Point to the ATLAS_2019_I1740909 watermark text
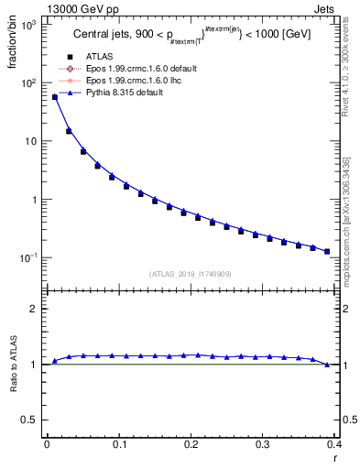[190, 274]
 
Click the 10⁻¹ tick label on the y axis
[27, 258]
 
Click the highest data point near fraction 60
[54, 97]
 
